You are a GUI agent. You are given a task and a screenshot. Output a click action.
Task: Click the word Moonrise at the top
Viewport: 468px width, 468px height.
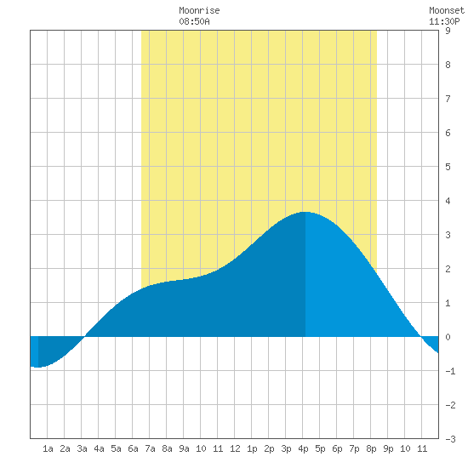199,10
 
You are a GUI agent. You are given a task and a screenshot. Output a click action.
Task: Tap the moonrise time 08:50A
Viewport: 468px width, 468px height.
194,21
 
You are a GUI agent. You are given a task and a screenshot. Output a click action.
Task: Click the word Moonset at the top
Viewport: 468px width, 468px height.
447,10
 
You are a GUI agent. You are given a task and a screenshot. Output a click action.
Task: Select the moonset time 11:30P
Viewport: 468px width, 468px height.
444,21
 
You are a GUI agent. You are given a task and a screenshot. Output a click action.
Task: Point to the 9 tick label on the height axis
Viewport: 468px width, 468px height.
448,31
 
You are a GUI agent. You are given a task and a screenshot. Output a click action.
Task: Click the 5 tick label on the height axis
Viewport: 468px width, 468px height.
448,167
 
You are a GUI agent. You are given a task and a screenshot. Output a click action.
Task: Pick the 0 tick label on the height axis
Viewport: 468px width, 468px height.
448,337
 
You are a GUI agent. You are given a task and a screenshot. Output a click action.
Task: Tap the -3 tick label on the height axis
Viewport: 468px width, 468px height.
450,439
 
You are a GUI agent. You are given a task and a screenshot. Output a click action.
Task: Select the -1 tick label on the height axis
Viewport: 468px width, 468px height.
450,371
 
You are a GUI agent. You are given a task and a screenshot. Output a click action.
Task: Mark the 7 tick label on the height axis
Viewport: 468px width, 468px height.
448,99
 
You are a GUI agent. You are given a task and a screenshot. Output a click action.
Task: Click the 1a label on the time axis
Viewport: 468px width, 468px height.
48,448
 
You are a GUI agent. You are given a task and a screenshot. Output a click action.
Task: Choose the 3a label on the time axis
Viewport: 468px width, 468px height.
82,448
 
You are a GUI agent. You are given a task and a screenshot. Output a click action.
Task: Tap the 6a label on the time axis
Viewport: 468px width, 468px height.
133,448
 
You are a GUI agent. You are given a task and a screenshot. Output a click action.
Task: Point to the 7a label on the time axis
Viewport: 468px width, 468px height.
150,448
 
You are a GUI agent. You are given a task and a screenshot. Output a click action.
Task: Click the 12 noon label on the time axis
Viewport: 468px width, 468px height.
235,448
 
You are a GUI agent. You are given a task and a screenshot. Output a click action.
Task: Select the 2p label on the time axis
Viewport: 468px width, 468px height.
269,448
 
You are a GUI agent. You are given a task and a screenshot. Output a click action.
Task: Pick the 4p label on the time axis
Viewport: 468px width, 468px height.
303,448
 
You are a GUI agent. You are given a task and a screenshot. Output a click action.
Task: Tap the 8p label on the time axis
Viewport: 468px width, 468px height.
371,448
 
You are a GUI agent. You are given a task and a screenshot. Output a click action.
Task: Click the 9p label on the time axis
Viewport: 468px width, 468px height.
388,448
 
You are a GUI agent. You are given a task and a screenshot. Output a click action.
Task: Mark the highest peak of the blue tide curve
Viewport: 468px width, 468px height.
305,212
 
